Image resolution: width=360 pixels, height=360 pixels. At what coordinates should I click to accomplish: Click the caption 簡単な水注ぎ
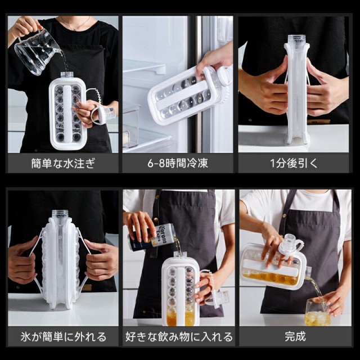pos(63,164)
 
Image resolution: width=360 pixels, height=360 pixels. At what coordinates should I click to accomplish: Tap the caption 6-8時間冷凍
pos(178,164)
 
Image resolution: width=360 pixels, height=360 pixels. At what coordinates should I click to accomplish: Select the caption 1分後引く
pos(294,164)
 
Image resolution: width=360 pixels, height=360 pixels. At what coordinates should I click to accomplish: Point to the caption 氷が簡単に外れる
pos(64,337)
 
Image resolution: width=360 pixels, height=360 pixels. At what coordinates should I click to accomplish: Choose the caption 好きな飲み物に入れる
pos(179,337)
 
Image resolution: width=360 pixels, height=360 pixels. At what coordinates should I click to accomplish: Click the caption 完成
pos(295,336)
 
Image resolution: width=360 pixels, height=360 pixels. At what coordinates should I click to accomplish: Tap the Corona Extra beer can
pos(151,237)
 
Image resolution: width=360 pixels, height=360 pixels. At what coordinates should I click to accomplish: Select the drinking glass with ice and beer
pos(317,312)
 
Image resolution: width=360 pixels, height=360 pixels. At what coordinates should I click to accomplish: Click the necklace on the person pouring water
pos(75,25)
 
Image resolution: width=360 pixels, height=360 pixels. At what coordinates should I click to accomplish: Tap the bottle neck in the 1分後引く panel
pos(296,39)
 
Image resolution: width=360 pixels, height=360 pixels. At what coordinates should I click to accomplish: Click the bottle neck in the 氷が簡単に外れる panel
pos(60,214)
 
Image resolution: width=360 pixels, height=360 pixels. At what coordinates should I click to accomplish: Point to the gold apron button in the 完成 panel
pos(285,216)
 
